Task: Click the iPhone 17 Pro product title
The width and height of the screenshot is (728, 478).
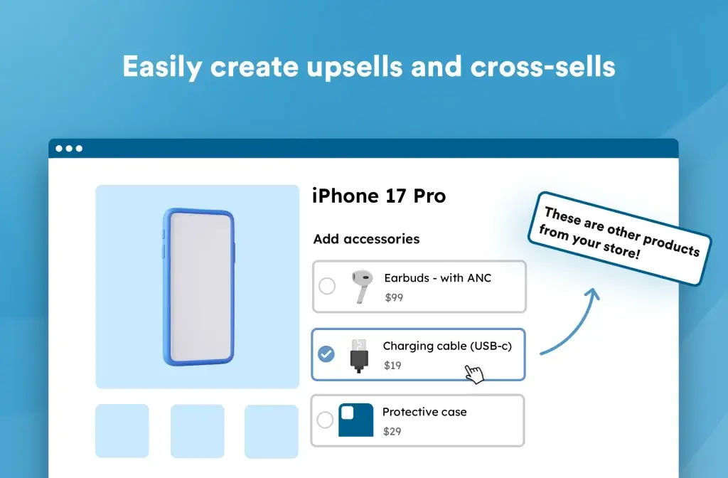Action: [x=379, y=196]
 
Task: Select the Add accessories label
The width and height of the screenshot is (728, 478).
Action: [x=366, y=239]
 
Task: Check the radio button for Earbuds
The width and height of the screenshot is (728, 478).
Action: [x=327, y=286]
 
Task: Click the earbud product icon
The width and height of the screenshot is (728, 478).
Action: [x=361, y=287]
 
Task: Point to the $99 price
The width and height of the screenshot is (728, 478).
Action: [x=394, y=297]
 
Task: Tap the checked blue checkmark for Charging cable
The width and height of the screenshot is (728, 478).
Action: [x=326, y=354]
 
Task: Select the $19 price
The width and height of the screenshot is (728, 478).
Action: [x=392, y=366]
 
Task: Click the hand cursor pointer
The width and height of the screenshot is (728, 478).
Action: [x=473, y=373]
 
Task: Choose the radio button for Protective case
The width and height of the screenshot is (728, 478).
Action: [x=325, y=420]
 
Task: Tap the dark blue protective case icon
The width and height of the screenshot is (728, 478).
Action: [x=355, y=420]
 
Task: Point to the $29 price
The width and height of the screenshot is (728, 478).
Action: [x=392, y=431]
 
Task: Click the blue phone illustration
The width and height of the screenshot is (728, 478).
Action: [x=198, y=287]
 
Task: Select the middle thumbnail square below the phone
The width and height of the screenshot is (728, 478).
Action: [x=197, y=431]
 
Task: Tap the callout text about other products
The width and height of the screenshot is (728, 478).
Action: [x=619, y=238]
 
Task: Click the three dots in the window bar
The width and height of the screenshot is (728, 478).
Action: [x=69, y=149]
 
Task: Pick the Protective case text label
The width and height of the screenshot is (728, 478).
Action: [x=424, y=412]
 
